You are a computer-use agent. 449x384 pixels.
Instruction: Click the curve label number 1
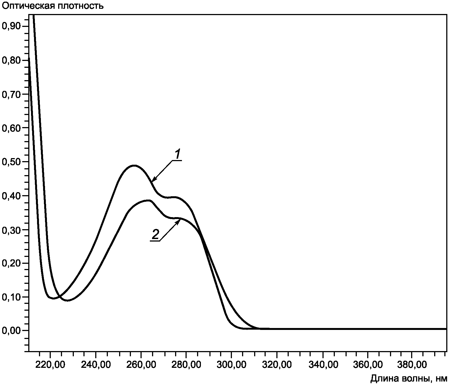coord(178,154)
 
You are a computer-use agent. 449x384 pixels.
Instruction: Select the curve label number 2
coord(155,235)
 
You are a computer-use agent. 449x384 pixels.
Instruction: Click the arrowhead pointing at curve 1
coord(153,180)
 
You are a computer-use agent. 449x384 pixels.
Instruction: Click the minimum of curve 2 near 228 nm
coord(68,301)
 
